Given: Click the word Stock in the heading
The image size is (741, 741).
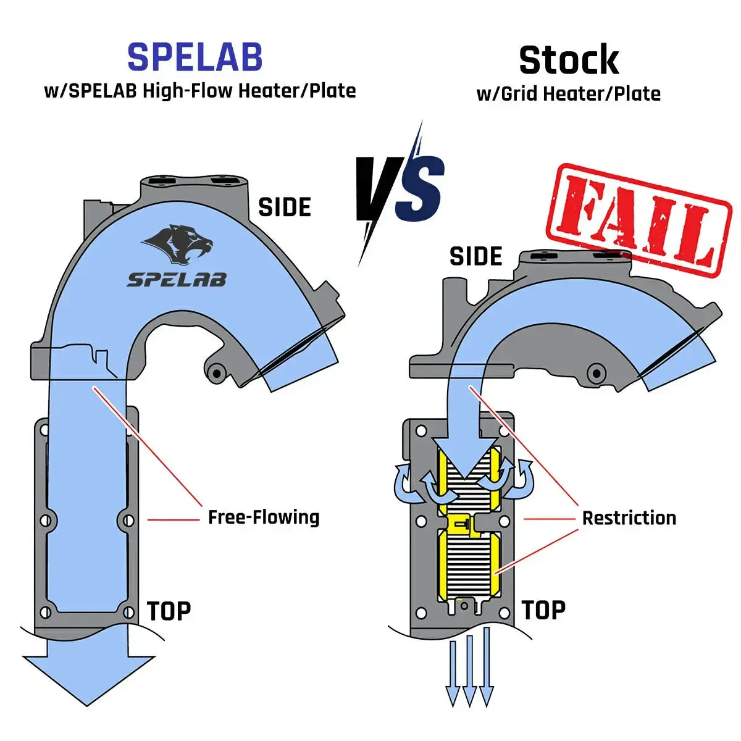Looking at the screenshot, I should coord(569,60).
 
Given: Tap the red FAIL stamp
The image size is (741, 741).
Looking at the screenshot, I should coord(639,220).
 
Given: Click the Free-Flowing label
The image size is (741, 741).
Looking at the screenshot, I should coord(264,517).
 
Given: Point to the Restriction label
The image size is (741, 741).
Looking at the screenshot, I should coord(629,517).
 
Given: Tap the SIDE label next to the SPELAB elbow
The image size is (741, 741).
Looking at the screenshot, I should coord(284,207).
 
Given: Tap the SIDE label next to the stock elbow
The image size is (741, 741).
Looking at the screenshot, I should coord(475,256).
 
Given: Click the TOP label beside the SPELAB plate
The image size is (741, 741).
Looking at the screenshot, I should coord(169,611).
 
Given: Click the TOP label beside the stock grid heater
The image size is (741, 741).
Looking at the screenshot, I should coord(543,610).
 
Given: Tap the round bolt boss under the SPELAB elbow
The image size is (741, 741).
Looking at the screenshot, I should coord(216,372).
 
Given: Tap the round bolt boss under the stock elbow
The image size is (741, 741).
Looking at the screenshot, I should coord(595,372).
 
